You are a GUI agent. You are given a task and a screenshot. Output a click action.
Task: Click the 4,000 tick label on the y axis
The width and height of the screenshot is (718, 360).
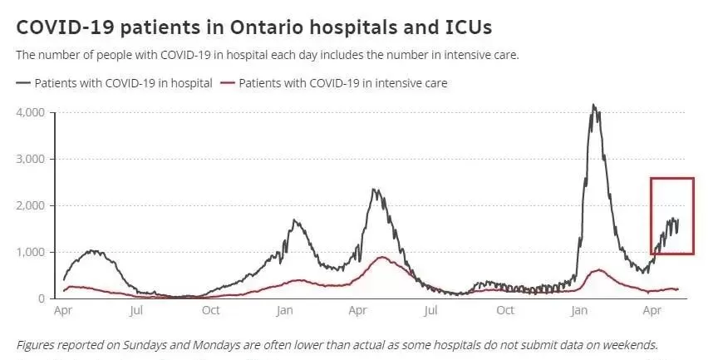(31, 113)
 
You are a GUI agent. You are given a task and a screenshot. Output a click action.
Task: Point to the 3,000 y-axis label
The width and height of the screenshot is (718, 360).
(31, 160)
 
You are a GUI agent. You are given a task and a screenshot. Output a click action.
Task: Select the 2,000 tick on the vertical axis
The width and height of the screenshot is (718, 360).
(31, 205)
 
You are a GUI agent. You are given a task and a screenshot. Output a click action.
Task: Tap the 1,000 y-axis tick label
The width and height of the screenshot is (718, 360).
(31, 253)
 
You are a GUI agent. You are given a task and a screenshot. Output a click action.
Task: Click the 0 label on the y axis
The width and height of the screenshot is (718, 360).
(42, 298)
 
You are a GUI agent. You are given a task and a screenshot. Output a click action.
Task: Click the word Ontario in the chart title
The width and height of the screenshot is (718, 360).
(266, 27)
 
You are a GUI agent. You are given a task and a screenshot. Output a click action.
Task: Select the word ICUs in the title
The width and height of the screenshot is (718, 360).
(468, 27)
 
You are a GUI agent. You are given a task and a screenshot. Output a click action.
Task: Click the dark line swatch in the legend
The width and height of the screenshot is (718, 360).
(23, 83)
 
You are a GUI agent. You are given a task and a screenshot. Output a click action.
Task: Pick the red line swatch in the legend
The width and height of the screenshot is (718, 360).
(228, 83)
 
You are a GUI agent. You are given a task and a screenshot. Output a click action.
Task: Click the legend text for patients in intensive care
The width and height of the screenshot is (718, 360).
(343, 83)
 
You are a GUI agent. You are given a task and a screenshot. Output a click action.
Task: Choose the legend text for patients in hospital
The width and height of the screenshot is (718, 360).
(124, 83)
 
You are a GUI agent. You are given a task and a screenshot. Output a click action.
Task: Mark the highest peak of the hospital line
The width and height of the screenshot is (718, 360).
(593, 105)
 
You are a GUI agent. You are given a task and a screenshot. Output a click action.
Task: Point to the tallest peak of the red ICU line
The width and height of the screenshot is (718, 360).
(382, 257)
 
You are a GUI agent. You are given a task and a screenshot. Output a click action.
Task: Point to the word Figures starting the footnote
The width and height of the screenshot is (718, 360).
(34, 345)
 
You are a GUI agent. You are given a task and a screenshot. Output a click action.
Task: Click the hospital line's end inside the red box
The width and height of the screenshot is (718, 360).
(678, 220)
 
